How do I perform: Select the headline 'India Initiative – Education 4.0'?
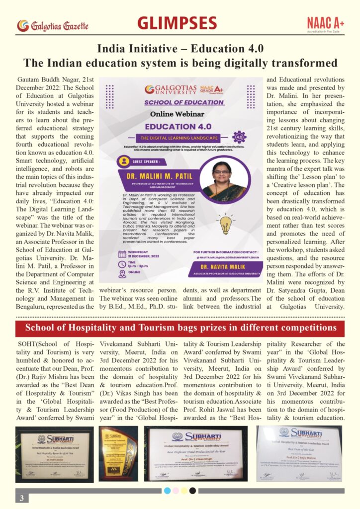click(180, 49)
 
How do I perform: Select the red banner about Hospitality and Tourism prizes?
click(180, 328)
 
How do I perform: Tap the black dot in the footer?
click(192, 491)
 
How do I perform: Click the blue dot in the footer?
click(168, 491)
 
